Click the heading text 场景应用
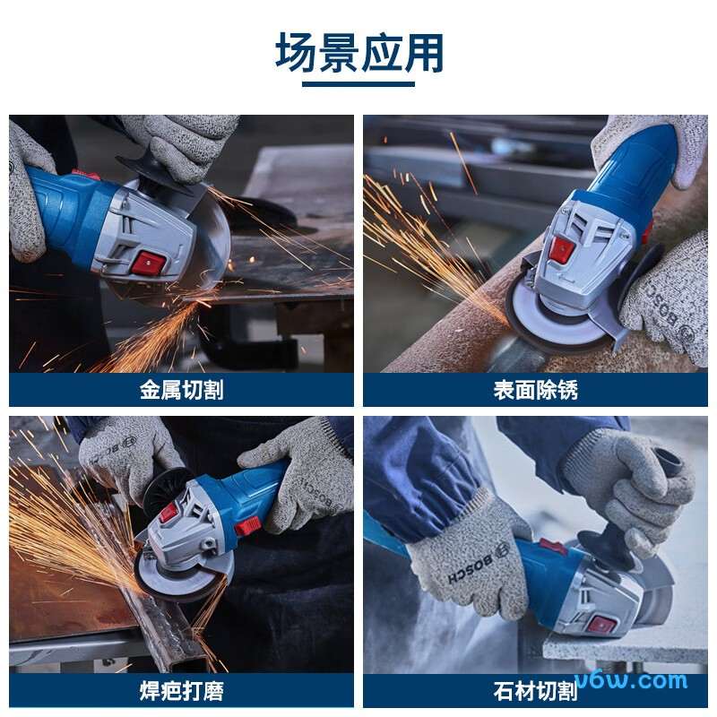point(358,54)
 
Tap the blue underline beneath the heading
point(358,84)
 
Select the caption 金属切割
point(181,390)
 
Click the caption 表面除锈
point(535,390)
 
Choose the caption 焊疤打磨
point(181,691)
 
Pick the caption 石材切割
point(535,691)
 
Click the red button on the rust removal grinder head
point(562,250)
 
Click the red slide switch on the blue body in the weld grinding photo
point(247,526)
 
